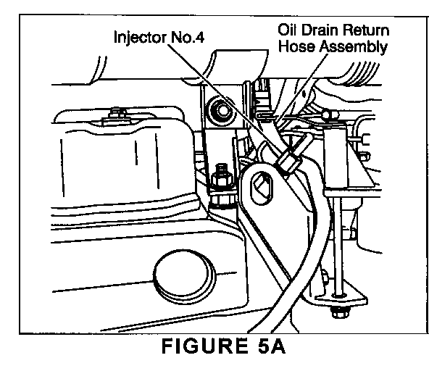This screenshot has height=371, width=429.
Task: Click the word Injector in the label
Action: coord(141,38)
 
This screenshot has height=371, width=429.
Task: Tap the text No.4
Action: coord(188,37)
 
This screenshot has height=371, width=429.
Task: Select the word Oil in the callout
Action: coord(287,30)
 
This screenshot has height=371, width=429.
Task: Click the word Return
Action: coord(366,30)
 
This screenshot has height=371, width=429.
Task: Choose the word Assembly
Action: coord(354,47)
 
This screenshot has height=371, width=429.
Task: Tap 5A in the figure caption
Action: coord(272,346)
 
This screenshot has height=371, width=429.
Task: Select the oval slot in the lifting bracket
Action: coord(262,188)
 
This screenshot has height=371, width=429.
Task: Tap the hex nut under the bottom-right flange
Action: coord(339,312)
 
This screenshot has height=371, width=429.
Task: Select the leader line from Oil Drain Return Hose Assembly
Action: coord(301,87)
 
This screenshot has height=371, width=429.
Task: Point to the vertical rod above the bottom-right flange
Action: coord(338,246)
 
